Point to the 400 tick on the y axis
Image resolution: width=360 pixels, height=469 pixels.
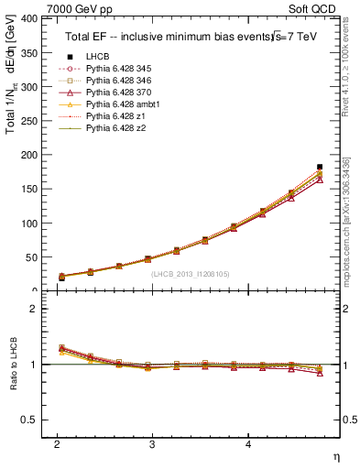pyautogui.click(x=28, y=18)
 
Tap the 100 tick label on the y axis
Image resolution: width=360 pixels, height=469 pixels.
pyautogui.click(x=28, y=224)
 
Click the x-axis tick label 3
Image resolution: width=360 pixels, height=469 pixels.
pyautogui.click(x=152, y=443)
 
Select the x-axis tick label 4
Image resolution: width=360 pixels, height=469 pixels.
pyautogui.click(x=248, y=443)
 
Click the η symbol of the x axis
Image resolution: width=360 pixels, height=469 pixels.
pyautogui.click(x=334, y=456)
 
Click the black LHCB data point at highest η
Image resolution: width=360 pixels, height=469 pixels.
pyautogui.click(x=320, y=167)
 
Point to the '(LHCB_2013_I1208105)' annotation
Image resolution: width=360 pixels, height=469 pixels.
pyautogui.click(x=190, y=273)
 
